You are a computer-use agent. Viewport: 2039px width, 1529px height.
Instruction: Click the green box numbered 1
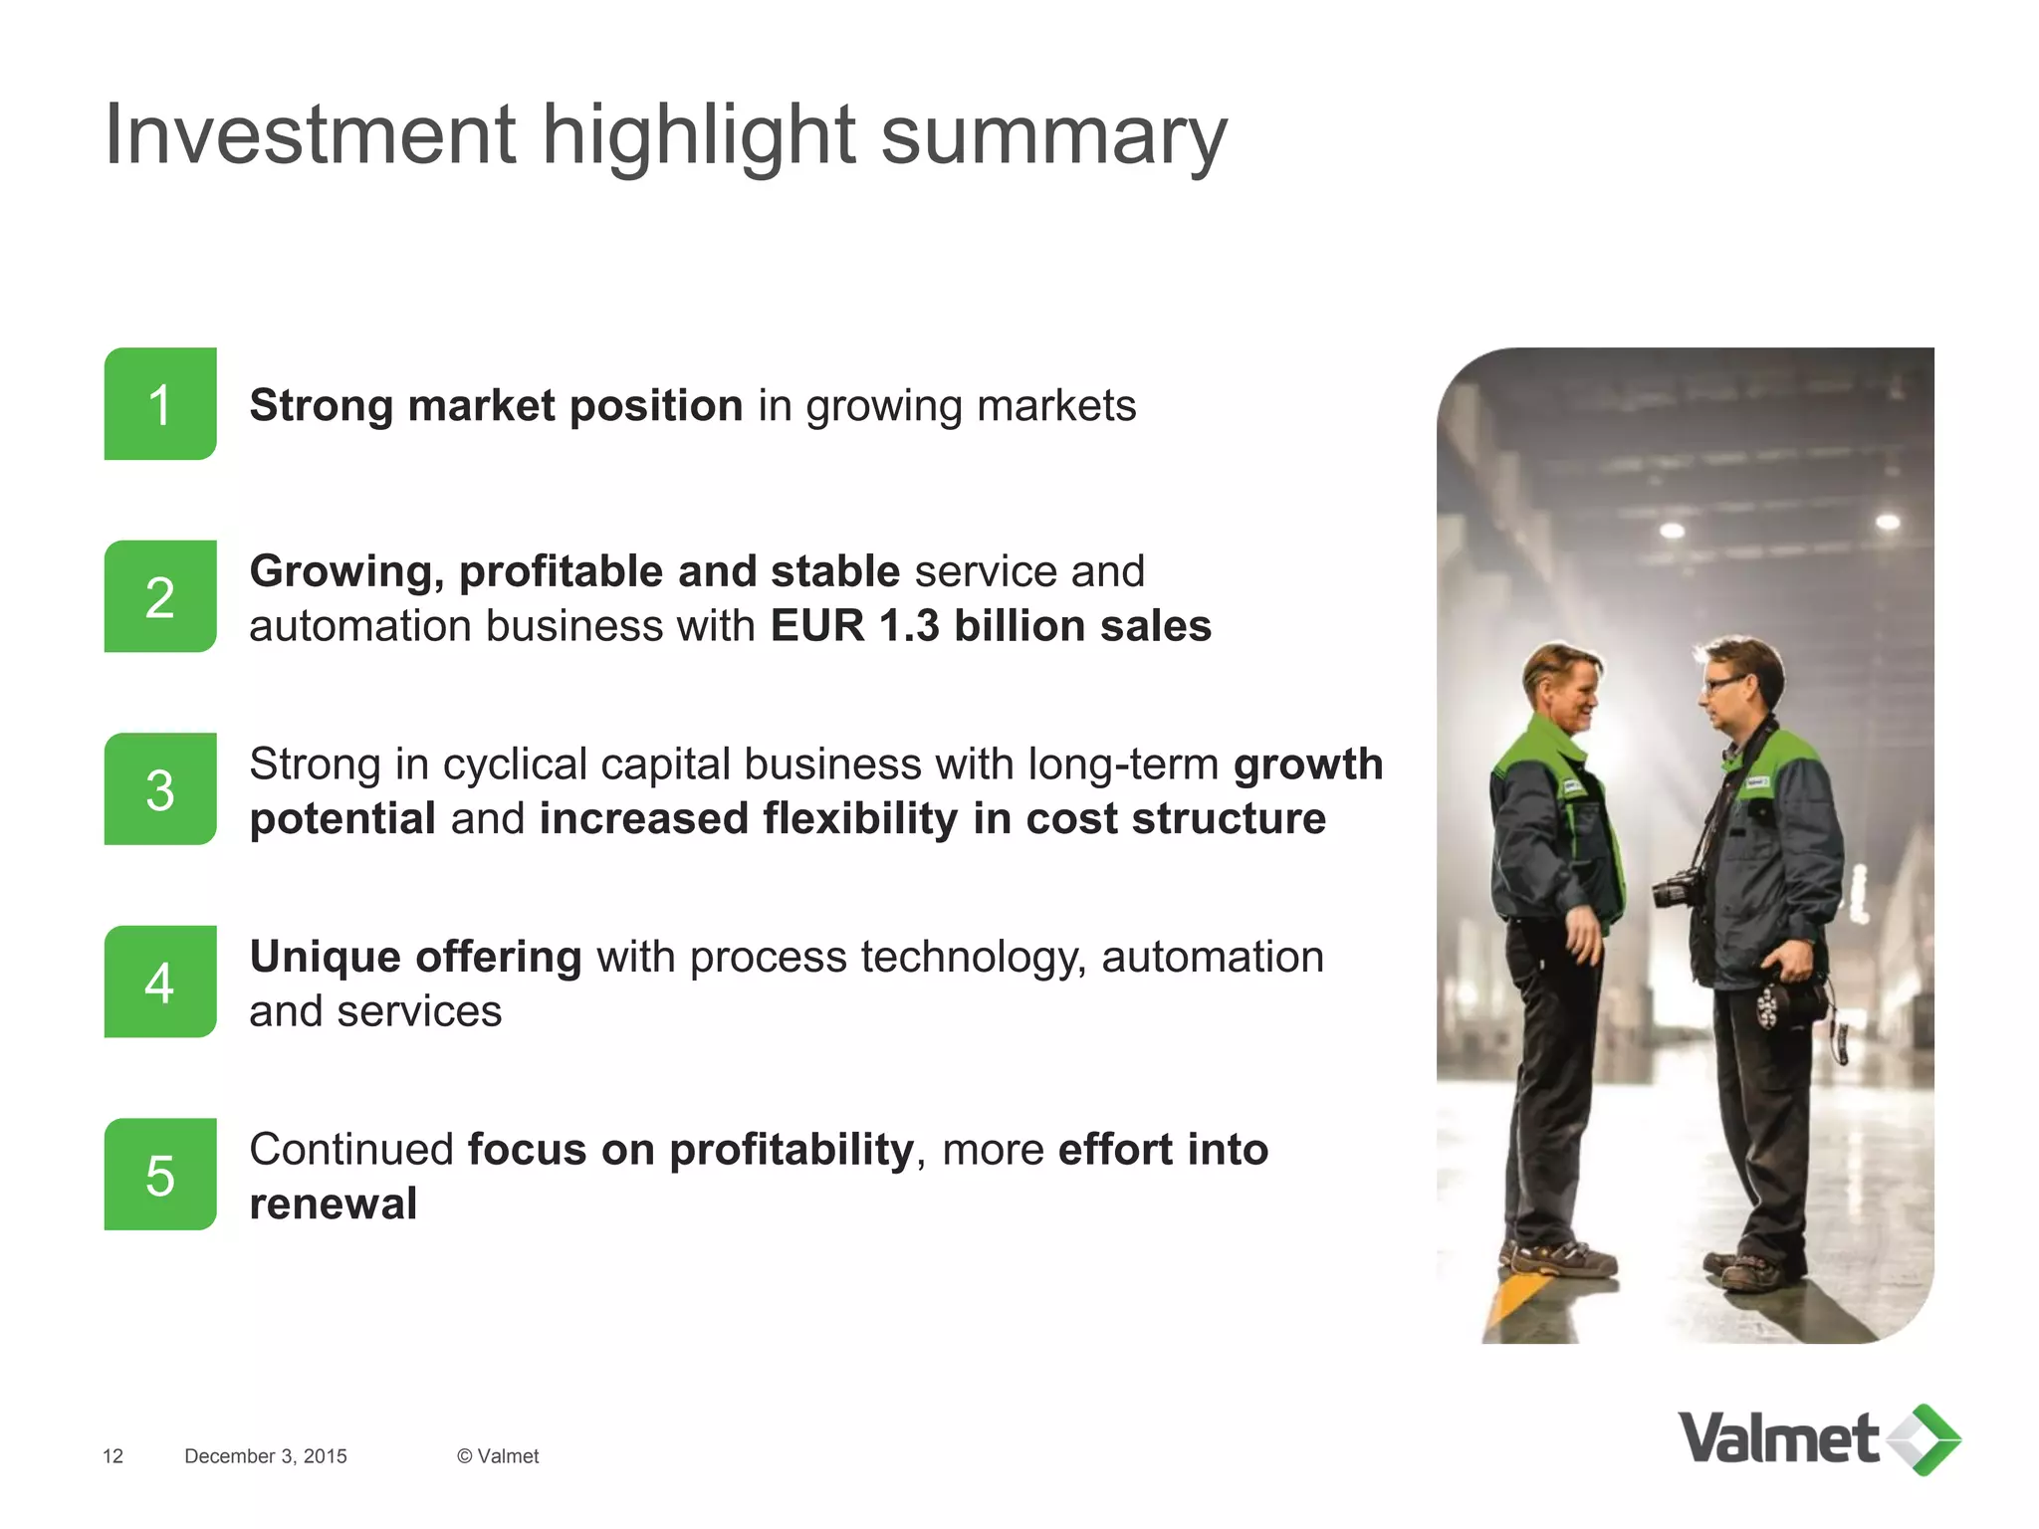[160, 404]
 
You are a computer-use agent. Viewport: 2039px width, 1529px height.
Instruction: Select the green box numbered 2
[160, 597]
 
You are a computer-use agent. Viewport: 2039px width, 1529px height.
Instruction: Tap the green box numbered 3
[160, 789]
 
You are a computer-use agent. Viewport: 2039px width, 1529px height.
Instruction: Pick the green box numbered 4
[160, 983]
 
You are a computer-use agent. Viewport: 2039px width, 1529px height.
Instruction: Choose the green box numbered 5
[160, 1175]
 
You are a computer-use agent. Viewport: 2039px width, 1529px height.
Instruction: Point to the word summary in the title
[1054, 137]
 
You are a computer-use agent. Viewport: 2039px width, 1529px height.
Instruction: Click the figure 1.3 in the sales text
[909, 626]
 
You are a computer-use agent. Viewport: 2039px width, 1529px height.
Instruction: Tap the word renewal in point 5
[334, 1203]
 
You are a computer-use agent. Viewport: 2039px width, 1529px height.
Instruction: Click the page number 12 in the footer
[113, 1456]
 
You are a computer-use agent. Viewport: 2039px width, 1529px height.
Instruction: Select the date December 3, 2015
[266, 1456]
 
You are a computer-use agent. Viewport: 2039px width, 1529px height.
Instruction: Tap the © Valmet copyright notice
[498, 1456]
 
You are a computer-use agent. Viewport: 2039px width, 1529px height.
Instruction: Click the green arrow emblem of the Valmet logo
[1925, 1439]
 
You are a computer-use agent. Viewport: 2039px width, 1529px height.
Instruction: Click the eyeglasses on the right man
[1723, 684]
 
